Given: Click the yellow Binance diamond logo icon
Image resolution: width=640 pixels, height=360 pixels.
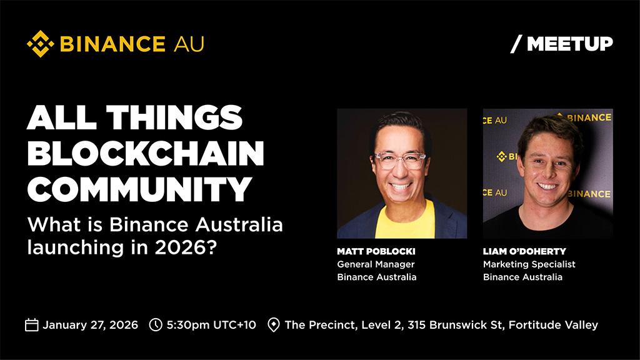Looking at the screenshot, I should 40,44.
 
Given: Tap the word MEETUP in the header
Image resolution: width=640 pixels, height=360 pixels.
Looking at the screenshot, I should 570,44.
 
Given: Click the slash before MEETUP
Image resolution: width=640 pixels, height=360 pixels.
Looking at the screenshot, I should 516,44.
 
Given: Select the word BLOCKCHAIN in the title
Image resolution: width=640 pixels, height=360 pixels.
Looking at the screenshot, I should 145,154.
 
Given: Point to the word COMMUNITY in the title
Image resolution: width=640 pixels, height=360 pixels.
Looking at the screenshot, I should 139,189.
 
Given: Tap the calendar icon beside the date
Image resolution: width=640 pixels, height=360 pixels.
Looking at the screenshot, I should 32,325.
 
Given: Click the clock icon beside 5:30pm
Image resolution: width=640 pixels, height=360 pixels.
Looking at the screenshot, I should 156,325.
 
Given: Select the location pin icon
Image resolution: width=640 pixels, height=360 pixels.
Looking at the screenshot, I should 273,325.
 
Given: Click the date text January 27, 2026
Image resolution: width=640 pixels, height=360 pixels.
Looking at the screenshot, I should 90,325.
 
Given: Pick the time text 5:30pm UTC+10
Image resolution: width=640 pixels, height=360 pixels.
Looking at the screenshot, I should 211,325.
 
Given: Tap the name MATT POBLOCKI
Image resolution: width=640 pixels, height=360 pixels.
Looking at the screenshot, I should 376,251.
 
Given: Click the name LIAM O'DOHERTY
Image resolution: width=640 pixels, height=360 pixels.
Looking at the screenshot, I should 524,251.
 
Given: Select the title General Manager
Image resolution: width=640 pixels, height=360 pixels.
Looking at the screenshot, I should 376,264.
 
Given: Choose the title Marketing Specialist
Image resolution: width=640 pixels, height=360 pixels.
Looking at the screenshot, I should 529,264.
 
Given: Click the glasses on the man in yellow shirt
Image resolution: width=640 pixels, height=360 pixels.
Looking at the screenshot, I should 400,159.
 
